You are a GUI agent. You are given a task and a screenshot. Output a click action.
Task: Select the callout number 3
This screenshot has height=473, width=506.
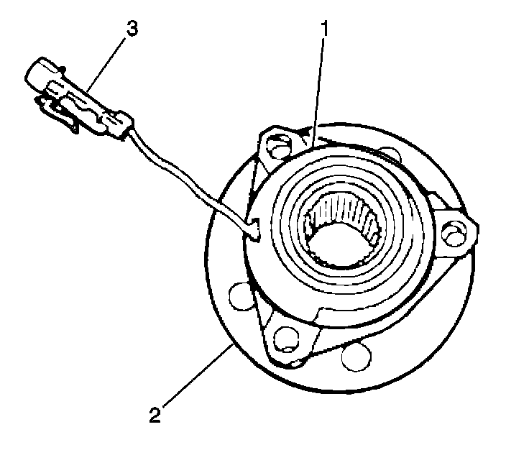point(132,29)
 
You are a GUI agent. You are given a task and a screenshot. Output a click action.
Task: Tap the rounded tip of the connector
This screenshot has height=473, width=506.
point(34,73)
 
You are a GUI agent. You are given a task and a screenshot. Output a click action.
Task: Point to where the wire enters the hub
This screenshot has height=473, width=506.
point(254,229)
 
